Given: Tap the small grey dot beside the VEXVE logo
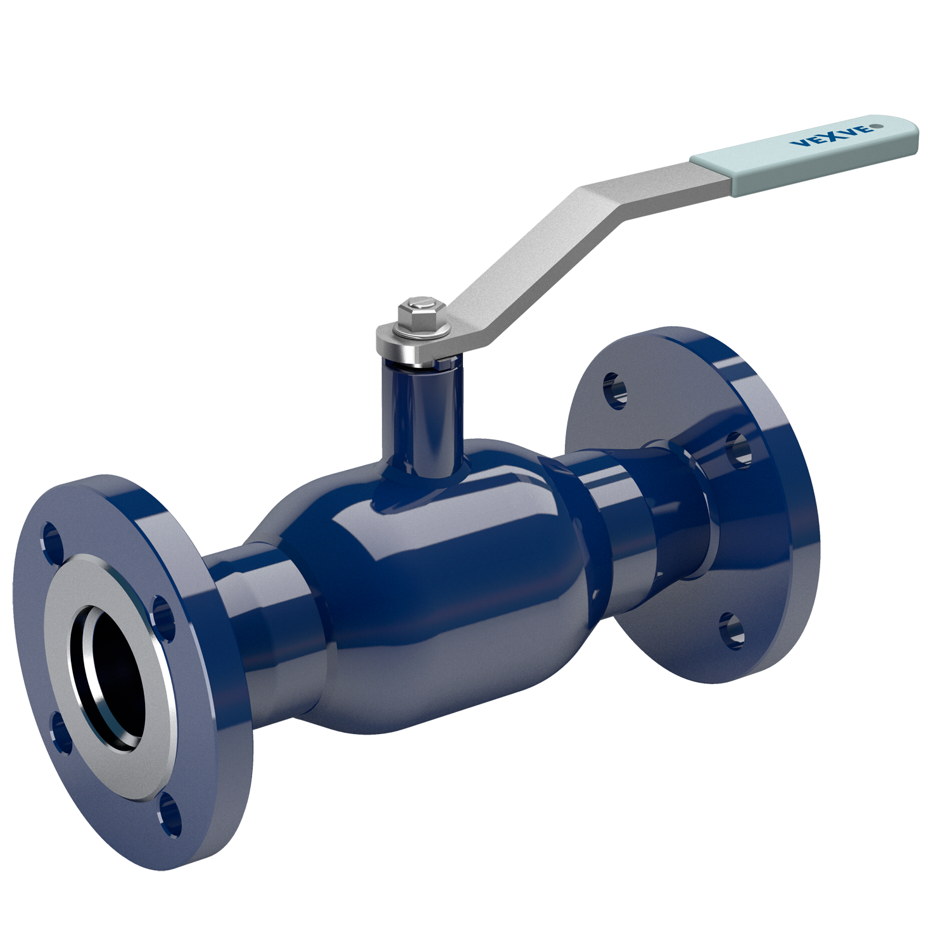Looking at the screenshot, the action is coord(877,125).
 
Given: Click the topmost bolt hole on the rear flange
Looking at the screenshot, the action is coord(615,390).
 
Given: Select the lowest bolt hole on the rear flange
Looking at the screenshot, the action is coord(731,631).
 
